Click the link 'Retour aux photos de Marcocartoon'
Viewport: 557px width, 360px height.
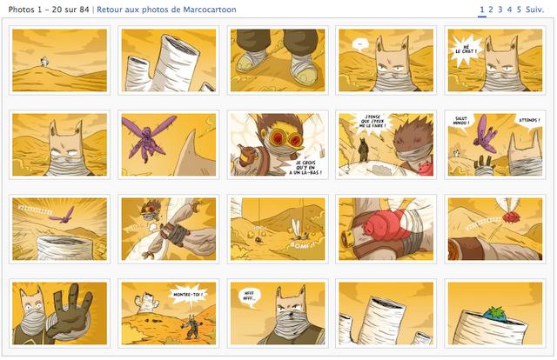(x=166, y=10)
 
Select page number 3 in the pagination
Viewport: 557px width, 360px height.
(x=500, y=10)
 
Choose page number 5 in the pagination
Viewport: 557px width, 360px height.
(x=519, y=10)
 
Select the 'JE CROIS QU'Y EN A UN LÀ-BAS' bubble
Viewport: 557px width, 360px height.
(x=307, y=166)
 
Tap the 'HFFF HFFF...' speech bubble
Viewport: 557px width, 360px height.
(x=249, y=296)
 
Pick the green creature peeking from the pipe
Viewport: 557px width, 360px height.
(x=497, y=310)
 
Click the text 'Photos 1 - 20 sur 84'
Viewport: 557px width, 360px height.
(x=49, y=10)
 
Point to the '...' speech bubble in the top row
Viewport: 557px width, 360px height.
(x=358, y=43)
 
